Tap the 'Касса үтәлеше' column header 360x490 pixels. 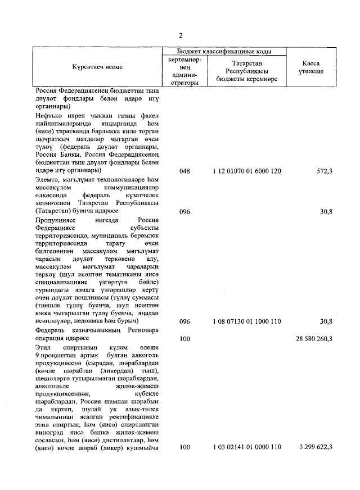tap(309, 67)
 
